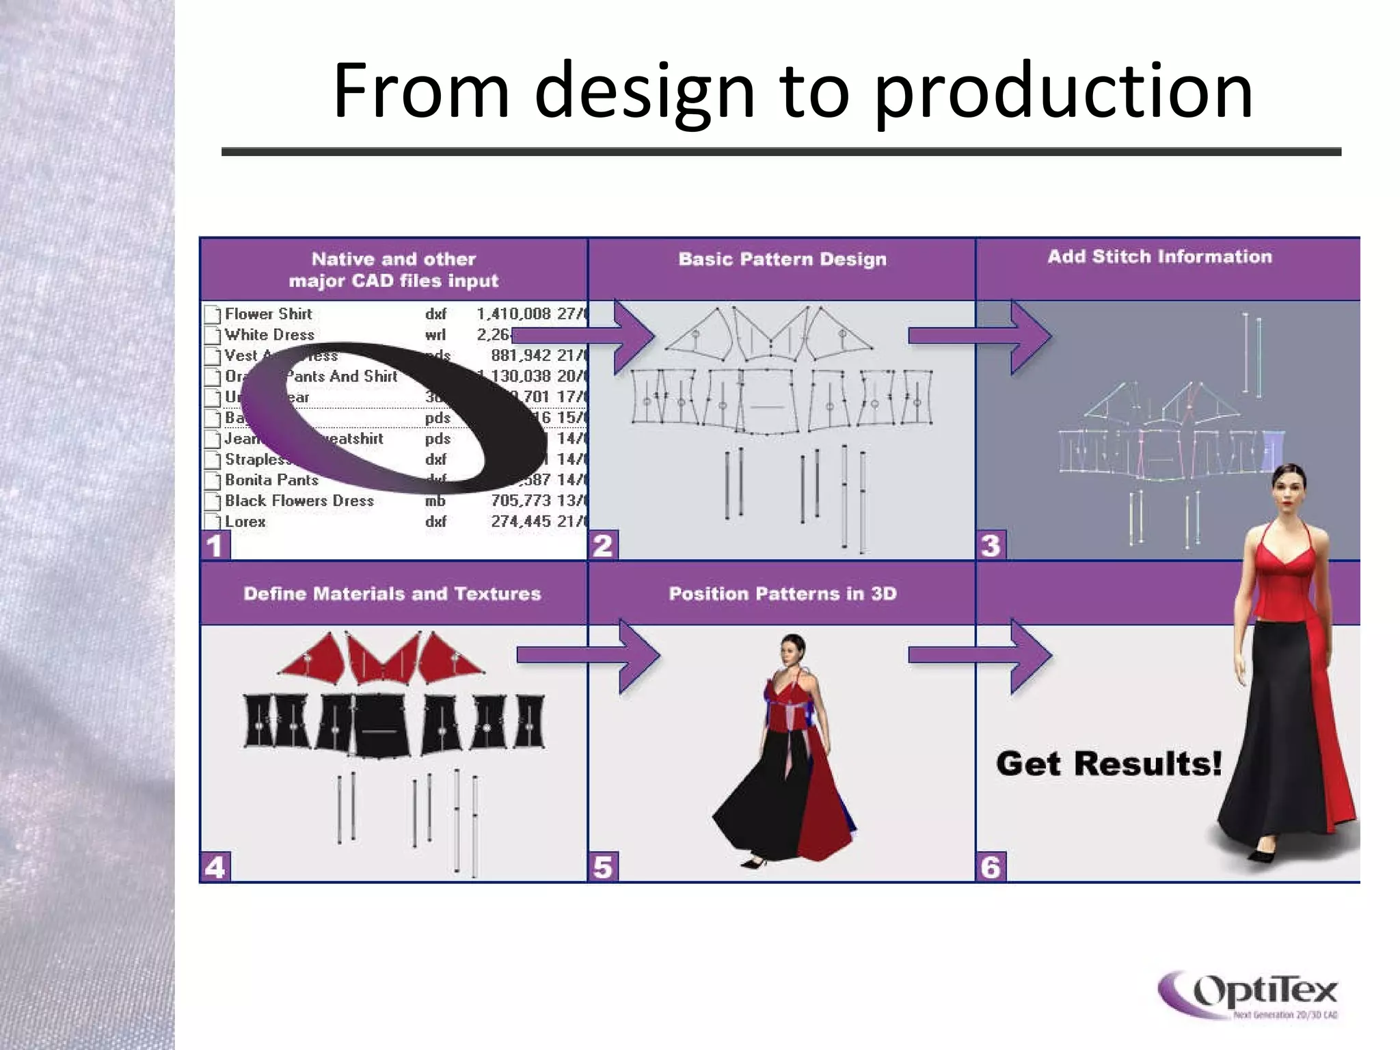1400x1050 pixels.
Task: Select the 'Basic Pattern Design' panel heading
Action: coord(782,259)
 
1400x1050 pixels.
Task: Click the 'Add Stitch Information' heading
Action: coord(1159,257)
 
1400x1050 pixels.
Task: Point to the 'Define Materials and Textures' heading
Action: coord(392,593)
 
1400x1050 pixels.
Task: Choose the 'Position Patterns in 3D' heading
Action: coord(782,593)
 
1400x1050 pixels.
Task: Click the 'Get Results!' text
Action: coord(1108,764)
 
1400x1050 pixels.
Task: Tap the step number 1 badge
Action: coord(215,546)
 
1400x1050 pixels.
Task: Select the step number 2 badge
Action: coord(603,546)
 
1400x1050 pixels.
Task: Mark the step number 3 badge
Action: coord(991,546)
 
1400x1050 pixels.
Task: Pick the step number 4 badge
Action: coord(215,867)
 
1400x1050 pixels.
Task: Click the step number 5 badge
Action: coord(603,867)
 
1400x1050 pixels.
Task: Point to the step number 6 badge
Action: coord(991,867)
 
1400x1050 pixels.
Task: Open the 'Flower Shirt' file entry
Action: coord(268,314)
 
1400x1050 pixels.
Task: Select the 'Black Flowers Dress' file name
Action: coord(299,501)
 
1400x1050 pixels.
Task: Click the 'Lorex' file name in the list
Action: coord(245,522)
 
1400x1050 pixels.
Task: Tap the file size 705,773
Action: coord(520,501)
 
